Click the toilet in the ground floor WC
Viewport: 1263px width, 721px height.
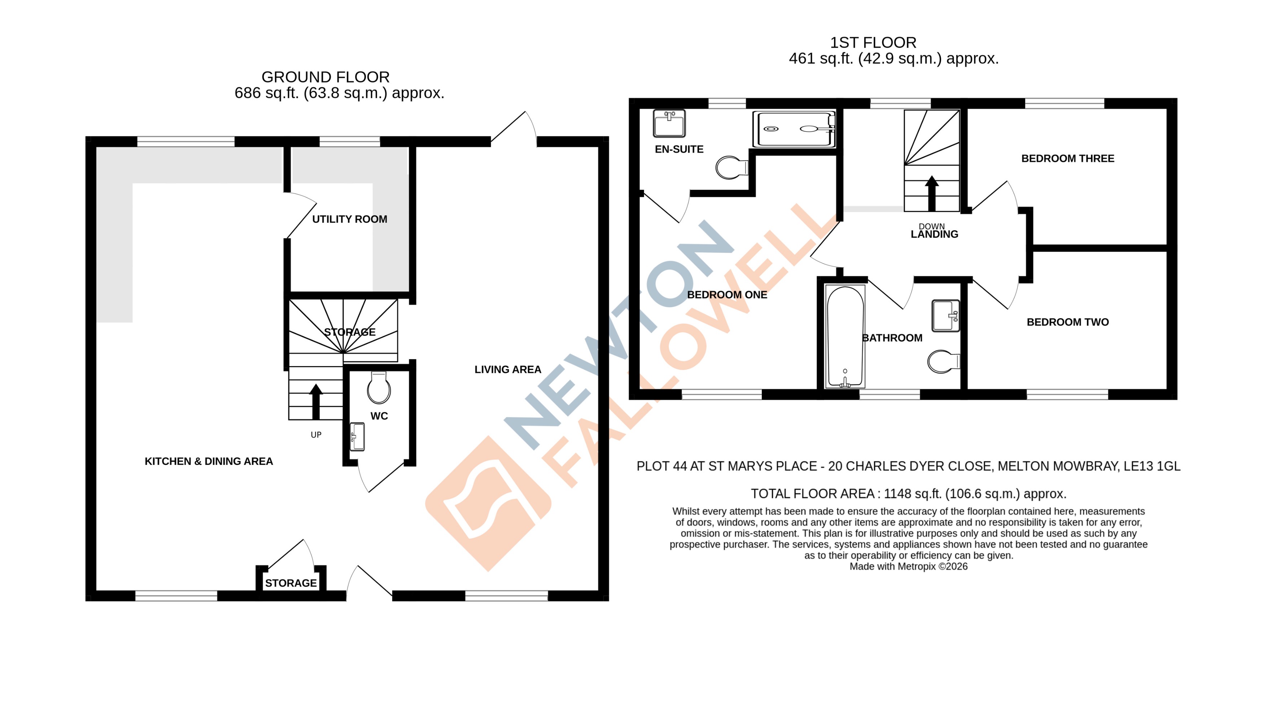pos(379,388)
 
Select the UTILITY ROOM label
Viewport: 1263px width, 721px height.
pos(349,219)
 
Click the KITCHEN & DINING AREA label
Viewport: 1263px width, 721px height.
pos(209,461)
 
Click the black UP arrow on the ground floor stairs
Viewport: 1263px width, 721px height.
pos(315,401)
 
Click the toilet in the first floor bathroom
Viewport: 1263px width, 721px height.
pos(943,361)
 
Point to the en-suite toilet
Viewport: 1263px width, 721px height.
pos(731,168)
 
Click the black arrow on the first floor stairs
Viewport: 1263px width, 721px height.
pos(931,193)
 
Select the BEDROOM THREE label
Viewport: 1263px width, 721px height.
pos(1067,158)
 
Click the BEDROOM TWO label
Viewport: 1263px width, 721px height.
pos(1067,322)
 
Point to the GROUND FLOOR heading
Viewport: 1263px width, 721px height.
pos(325,77)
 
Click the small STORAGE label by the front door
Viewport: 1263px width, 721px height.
pos(291,583)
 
